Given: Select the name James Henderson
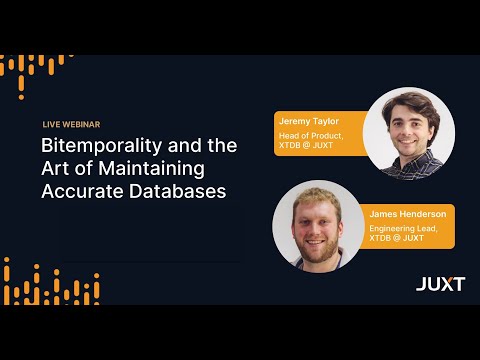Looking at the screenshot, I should pyautogui.click(x=408, y=214).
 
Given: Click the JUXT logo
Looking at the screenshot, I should pyautogui.click(x=440, y=284).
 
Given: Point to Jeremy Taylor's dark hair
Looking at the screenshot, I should pyautogui.click(x=409, y=102).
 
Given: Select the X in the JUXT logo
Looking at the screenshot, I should pyautogui.click(x=445, y=284).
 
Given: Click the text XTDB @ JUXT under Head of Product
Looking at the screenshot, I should pyautogui.click(x=307, y=146).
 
